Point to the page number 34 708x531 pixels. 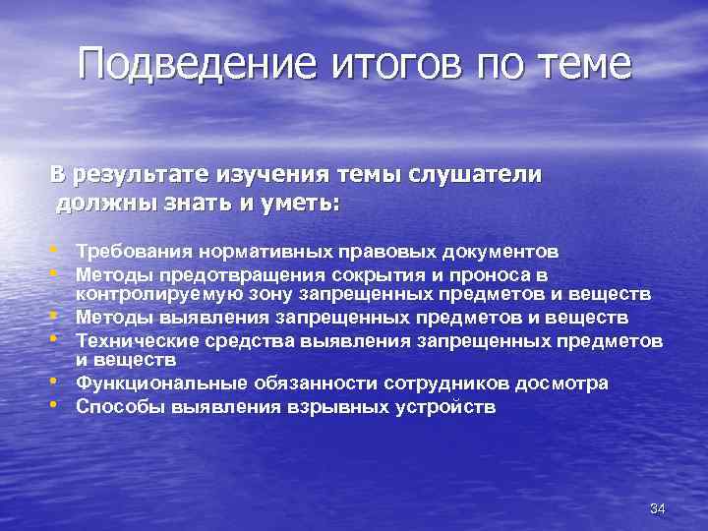pyautogui.click(x=659, y=507)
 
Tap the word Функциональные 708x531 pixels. pyautogui.click(x=149, y=383)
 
